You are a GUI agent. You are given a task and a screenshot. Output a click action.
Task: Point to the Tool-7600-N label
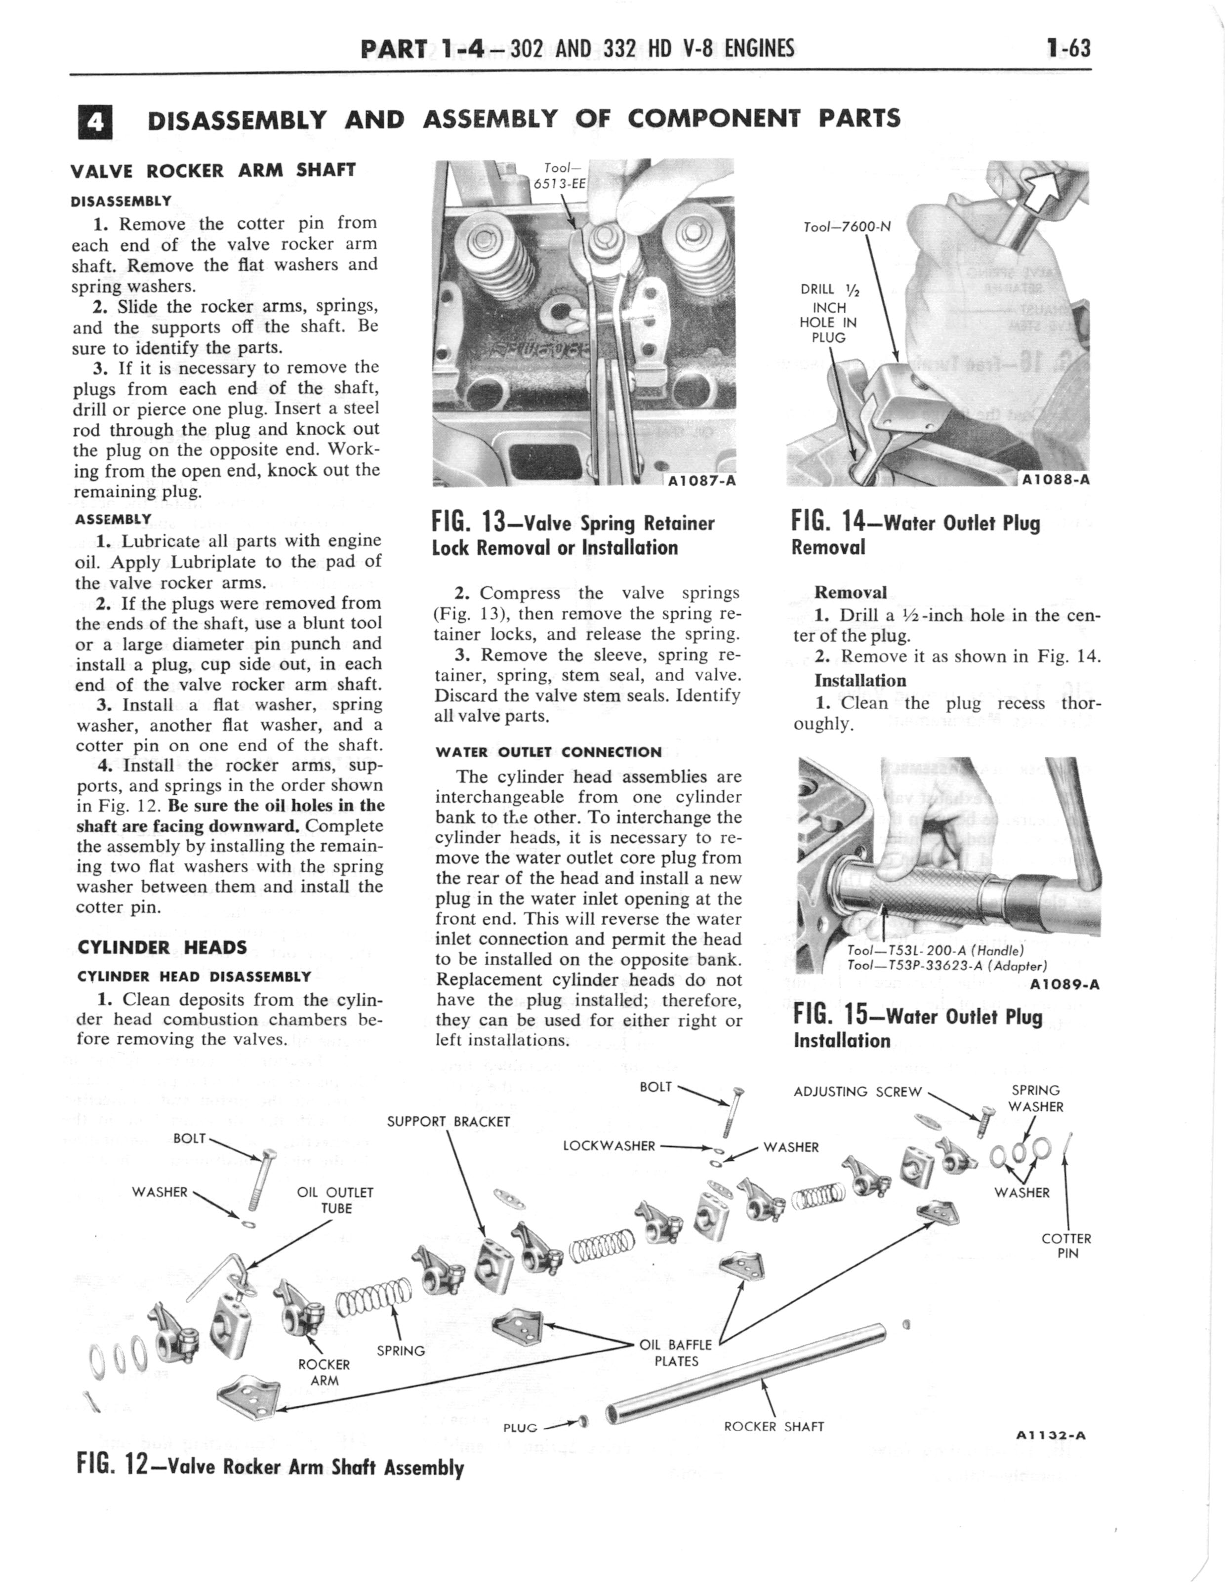pyautogui.click(x=847, y=227)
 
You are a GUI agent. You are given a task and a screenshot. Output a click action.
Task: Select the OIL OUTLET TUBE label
pyautogui.click(x=335, y=1200)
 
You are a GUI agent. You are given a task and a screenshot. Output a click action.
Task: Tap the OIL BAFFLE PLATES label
pyautogui.click(x=676, y=1353)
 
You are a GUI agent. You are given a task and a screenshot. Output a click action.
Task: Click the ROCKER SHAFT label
pyautogui.click(x=774, y=1427)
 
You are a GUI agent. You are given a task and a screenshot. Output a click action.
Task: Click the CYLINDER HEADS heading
pyautogui.click(x=162, y=948)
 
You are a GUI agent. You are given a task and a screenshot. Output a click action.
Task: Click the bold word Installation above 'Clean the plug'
pyautogui.click(x=859, y=681)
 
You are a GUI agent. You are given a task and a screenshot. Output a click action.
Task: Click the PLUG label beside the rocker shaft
pyautogui.click(x=520, y=1428)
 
